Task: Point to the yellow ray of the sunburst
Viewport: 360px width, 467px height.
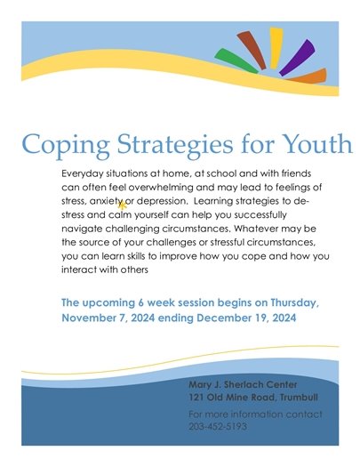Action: tap(276, 44)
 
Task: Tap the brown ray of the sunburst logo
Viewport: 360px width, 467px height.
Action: tap(252, 49)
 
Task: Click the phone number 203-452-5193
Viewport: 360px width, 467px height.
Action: tap(218, 426)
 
